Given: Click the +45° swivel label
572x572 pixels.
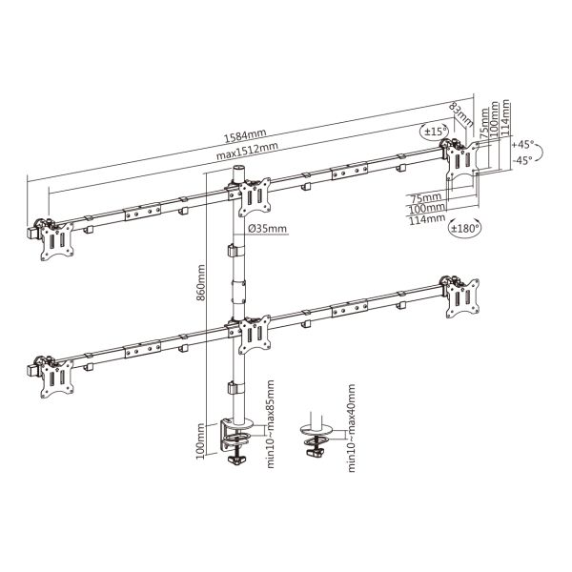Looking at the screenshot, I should pos(523,144).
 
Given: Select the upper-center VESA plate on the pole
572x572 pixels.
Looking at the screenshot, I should pos(255,197).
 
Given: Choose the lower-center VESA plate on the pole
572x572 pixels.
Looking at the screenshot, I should pos(255,334).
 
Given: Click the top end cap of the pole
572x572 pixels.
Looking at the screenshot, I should pos(234,167).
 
